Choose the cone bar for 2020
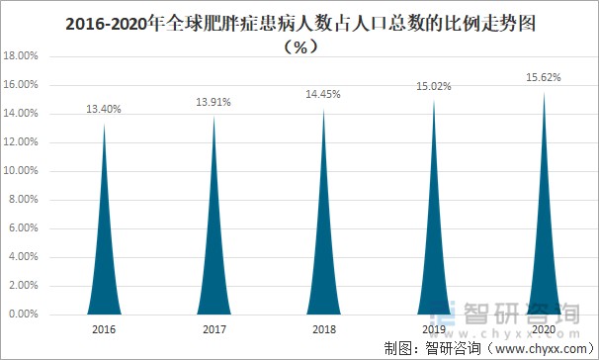tap(544, 257)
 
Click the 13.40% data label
tap(105, 110)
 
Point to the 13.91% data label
tap(214, 103)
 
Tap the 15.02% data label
tap(434, 87)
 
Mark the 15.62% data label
tap(544, 78)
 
